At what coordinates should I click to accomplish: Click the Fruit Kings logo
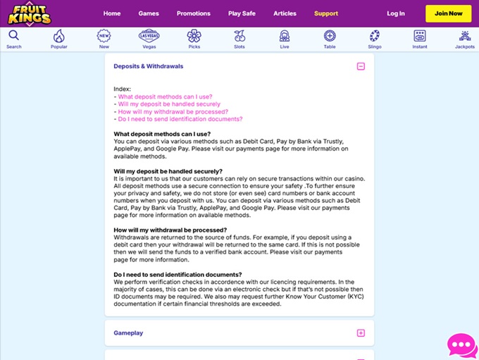[30, 13]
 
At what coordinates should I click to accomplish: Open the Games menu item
[149, 13]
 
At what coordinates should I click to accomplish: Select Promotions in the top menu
[194, 13]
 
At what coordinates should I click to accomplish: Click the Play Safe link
[242, 13]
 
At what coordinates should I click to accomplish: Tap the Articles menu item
[285, 13]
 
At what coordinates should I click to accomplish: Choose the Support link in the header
[326, 13]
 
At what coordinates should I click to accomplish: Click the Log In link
[396, 13]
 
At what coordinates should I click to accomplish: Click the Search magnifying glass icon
[14, 36]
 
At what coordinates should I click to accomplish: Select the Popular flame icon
[59, 36]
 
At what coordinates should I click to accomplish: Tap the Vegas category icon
[149, 36]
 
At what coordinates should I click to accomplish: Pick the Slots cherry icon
[240, 36]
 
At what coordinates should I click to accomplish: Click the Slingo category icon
[375, 36]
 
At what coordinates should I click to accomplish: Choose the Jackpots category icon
[465, 36]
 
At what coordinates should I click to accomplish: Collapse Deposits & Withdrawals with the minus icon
[361, 66]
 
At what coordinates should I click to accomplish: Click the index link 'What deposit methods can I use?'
[165, 97]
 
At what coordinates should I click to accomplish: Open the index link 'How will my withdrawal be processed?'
[173, 111]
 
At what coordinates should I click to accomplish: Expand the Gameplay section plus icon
[361, 333]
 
